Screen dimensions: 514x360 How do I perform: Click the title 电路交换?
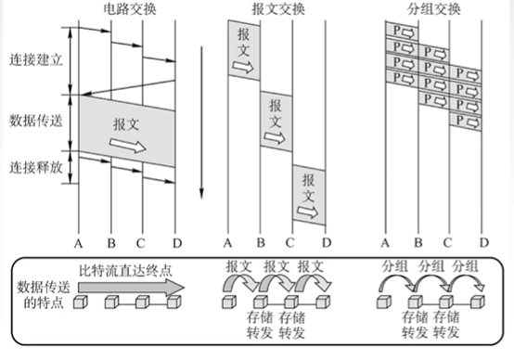pos(130,9)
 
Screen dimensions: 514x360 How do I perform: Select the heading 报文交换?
pos(278,9)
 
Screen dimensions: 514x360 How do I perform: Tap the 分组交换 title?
pos(434,9)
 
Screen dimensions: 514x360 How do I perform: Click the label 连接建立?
pos(36,60)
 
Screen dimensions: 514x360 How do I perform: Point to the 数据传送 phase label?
pos(36,121)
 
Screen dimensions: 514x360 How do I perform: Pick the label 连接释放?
pos(36,168)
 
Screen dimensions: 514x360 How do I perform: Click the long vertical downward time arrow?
pos(201,122)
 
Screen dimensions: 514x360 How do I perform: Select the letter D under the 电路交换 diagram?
pos(177,243)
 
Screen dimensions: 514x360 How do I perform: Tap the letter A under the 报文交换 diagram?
pos(228,243)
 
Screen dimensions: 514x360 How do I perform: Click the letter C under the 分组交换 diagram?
pos(447,243)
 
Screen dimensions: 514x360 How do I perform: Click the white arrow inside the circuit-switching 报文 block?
pos(127,146)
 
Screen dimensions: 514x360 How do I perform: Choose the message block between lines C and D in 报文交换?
pos(309,195)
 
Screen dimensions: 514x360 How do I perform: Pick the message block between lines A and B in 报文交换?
pos(244,50)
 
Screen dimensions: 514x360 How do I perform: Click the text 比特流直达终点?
pos(125,271)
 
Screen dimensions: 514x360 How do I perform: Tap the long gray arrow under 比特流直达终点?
pos(131,288)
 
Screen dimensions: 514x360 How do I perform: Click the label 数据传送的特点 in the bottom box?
pos(44,295)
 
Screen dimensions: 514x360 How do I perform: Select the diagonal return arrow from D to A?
pos(128,87)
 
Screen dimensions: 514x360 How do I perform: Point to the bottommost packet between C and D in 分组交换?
pos(466,122)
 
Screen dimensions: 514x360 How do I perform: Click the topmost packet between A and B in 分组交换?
pos(403,32)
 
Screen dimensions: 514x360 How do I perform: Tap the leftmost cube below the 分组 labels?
pos(384,302)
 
